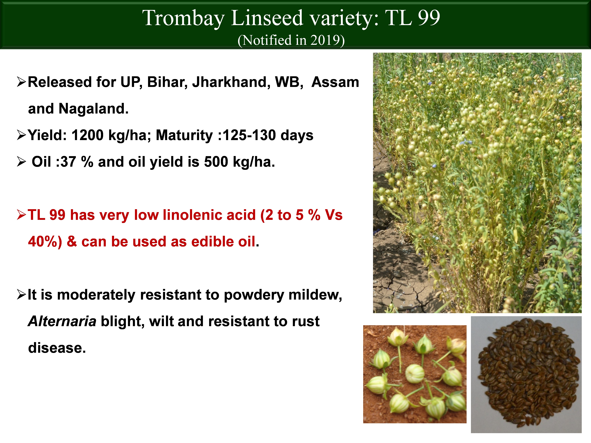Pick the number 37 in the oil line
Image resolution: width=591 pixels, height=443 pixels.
pyautogui.click(x=68, y=162)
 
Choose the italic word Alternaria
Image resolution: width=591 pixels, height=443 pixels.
pyautogui.click(x=62, y=321)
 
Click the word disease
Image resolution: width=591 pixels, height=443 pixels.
pyautogui.click(x=57, y=348)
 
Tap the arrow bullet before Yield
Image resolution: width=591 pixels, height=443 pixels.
pyautogui.click(x=21, y=135)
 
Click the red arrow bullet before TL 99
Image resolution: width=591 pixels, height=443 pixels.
pyautogui.click(x=21, y=215)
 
